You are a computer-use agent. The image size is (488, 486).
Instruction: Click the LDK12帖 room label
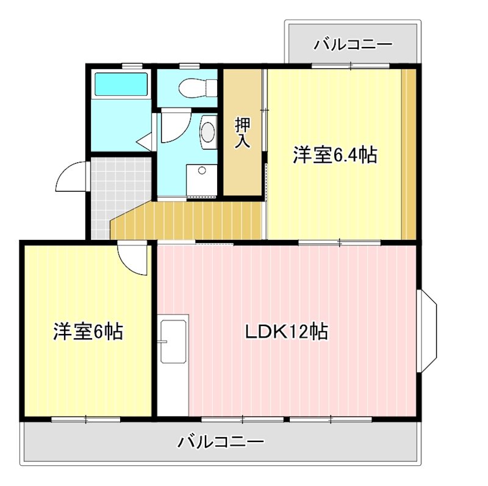[x=287, y=332]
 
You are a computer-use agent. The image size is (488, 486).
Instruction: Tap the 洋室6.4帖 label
[x=334, y=155]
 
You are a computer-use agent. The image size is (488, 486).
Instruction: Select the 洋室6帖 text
[x=88, y=332]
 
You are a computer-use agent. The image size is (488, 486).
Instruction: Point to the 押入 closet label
[x=243, y=132]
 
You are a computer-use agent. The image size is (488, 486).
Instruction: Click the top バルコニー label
[x=353, y=45]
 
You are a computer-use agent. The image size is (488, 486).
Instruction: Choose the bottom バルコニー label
[x=221, y=441]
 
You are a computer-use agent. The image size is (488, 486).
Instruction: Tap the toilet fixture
[x=196, y=88]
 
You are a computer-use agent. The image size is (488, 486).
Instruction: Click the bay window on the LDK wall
[x=428, y=330]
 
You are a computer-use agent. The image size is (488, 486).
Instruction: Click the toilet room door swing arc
[x=173, y=126]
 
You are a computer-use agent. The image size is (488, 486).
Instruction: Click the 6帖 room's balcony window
[x=86, y=419]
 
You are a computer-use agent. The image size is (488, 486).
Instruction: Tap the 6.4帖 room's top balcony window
[x=350, y=65]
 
